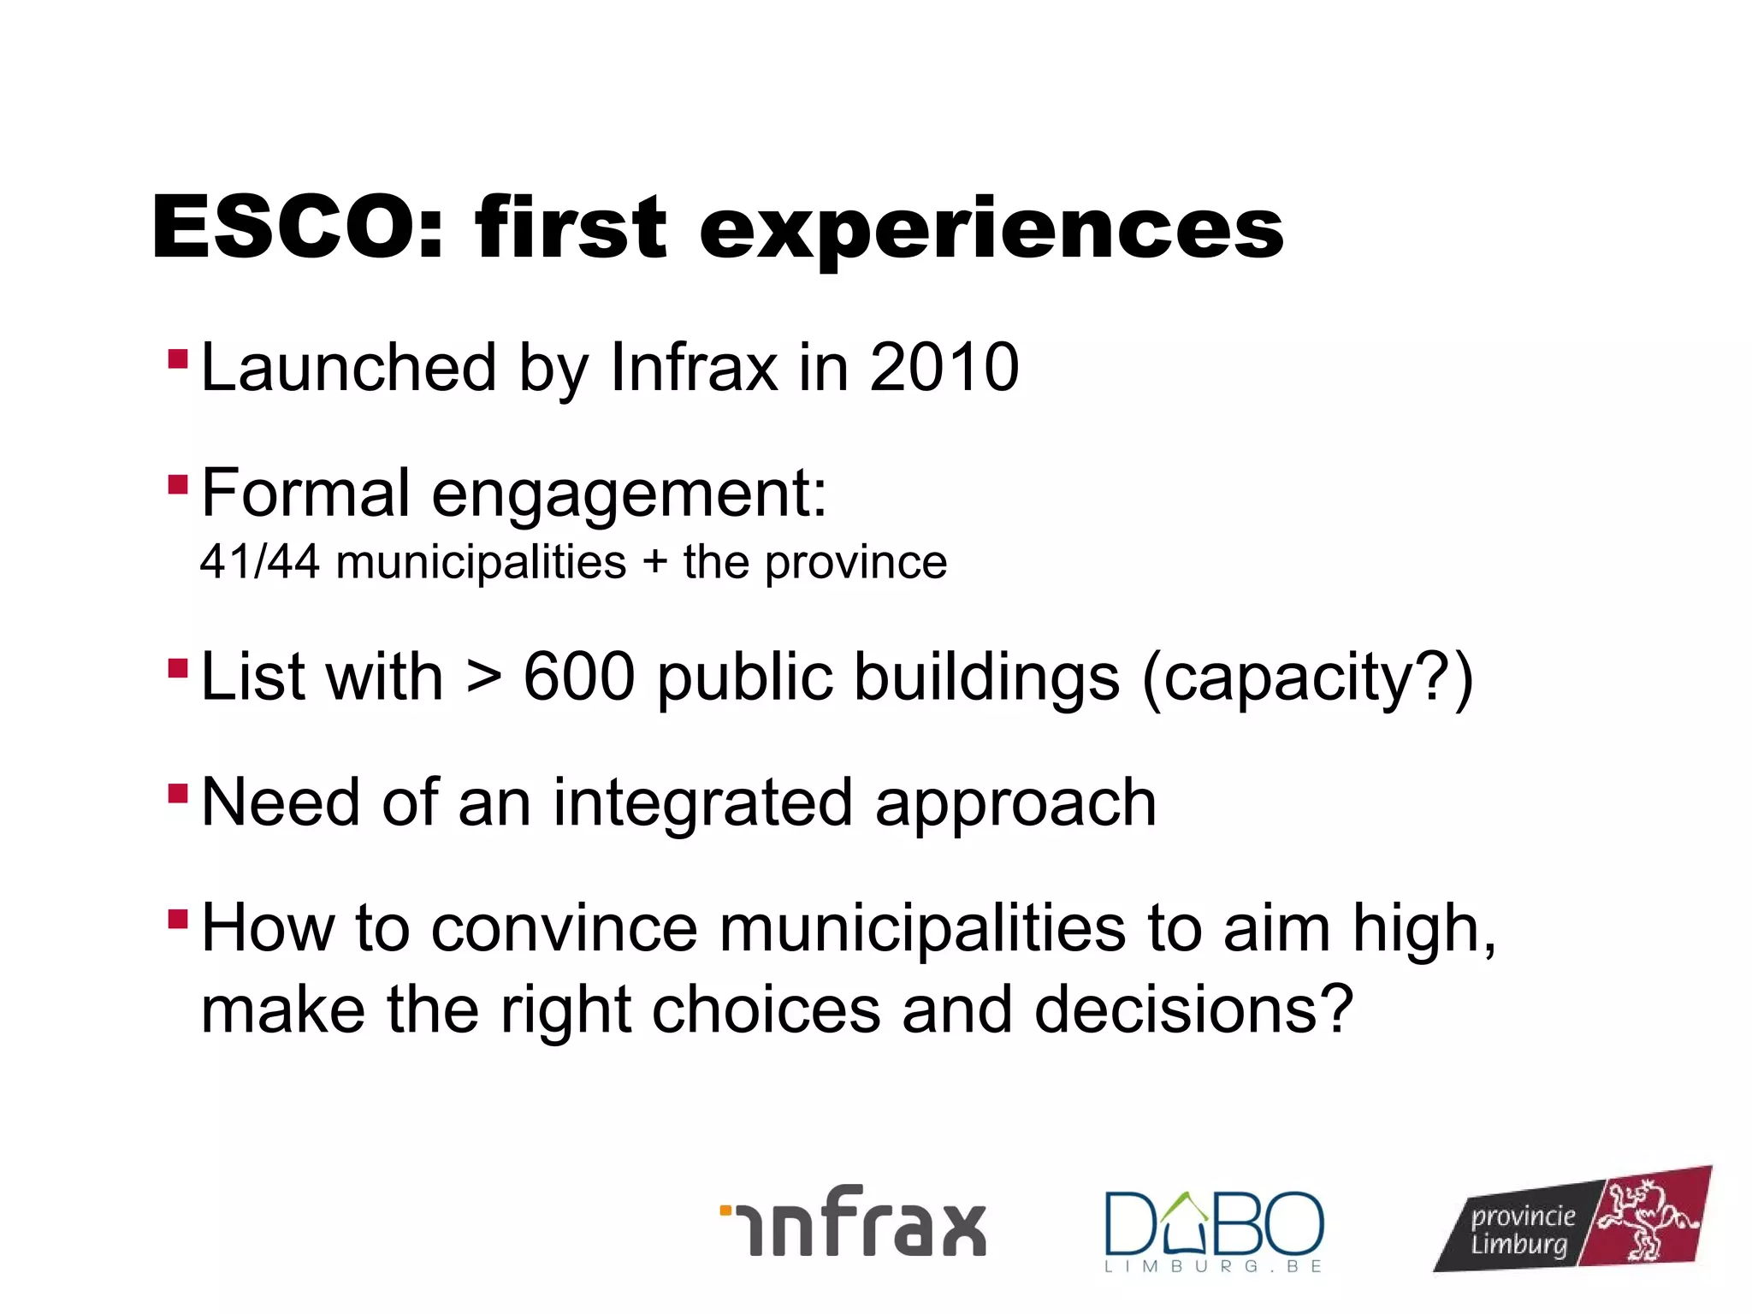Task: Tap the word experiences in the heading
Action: [991, 229]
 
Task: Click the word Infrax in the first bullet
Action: [693, 368]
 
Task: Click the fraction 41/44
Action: [259, 563]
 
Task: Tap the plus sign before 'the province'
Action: [654, 563]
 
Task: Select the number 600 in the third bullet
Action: [579, 677]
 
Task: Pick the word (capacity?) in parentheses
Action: [1308, 678]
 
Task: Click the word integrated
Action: [702, 803]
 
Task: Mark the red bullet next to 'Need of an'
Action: [178, 793]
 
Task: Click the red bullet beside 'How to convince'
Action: [178, 919]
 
